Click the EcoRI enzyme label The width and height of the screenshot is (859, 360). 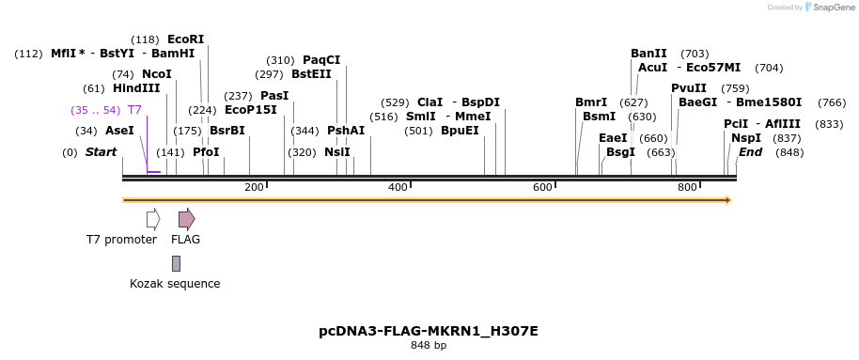(185, 39)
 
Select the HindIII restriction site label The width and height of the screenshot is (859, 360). (136, 88)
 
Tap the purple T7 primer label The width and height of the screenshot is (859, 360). (134, 110)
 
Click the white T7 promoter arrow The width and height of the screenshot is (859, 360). (152, 219)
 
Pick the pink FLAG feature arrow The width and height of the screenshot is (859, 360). (186, 219)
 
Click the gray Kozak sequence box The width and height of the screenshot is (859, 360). (176, 264)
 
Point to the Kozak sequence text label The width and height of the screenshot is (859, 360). (175, 283)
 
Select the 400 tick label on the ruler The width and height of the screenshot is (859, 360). (398, 188)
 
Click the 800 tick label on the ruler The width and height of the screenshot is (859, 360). (687, 188)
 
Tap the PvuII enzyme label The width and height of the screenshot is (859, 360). (688, 88)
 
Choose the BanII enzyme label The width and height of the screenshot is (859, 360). (648, 54)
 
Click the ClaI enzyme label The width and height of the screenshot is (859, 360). (429, 102)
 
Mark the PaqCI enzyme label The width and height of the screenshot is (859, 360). (321, 60)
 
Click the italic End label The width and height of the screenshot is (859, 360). (750, 151)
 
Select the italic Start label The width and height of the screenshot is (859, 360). (101, 151)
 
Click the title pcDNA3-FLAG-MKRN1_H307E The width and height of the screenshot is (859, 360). (429, 331)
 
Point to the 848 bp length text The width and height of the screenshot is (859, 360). (429, 346)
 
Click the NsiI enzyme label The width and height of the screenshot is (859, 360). (336, 151)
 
